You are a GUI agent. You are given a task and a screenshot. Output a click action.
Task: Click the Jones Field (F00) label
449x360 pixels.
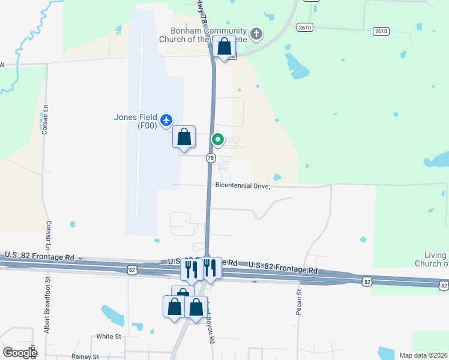(x=136, y=121)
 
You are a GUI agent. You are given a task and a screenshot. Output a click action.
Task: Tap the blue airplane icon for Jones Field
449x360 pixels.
(x=166, y=118)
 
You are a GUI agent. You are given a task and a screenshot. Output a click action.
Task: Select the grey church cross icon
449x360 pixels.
(x=257, y=34)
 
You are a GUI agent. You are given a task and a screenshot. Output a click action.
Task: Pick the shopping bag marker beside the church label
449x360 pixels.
(x=224, y=47)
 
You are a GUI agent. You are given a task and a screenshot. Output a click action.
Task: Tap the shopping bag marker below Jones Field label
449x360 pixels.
(x=184, y=137)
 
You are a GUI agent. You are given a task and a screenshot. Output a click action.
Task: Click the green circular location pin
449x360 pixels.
(x=218, y=140)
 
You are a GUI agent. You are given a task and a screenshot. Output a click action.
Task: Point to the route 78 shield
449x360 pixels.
(x=211, y=158)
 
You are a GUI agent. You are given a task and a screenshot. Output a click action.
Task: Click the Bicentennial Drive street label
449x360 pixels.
(x=243, y=186)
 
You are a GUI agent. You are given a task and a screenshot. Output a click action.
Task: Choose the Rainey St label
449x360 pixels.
(x=85, y=356)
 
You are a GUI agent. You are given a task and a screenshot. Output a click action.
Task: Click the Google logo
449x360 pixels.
(x=20, y=353)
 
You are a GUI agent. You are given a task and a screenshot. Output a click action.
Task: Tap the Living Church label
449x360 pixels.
(x=432, y=260)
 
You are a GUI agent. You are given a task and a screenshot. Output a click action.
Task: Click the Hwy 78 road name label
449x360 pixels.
(x=201, y=11)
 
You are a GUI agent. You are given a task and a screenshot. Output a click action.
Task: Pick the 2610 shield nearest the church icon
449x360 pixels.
(x=304, y=27)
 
